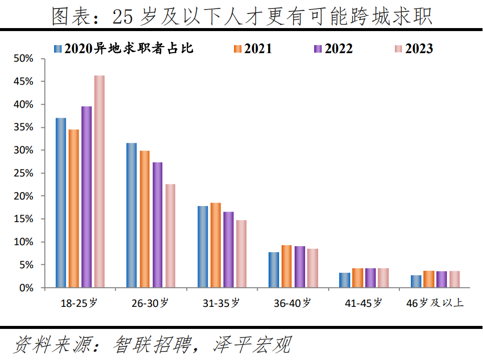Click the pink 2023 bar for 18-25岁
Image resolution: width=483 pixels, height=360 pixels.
99,182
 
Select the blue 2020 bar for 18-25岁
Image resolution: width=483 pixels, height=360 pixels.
61,203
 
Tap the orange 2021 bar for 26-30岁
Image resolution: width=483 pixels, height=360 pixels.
144,219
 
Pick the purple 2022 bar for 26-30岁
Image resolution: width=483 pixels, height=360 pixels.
157,225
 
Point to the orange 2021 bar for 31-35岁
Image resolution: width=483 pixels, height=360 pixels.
215,245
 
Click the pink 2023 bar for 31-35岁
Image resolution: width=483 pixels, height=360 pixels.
241,254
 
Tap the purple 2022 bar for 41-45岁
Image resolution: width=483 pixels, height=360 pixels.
370,278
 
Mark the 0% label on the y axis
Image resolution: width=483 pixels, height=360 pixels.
26,288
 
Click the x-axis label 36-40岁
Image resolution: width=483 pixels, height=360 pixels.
292,303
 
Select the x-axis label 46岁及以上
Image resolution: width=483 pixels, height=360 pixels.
435,303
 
